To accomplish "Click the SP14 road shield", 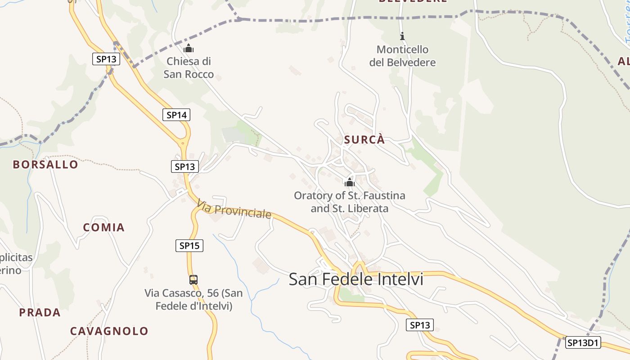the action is [x=176, y=115].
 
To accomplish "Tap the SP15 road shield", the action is [x=189, y=246].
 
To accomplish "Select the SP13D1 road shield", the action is [x=583, y=342].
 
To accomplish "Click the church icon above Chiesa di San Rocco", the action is [x=189, y=48].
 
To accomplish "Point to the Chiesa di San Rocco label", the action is [x=189, y=67].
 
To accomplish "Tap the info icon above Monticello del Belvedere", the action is [x=402, y=36].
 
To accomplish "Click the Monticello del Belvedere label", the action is [x=402, y=56].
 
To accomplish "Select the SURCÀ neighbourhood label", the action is [x=364, y=140].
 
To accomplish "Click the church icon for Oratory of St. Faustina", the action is [x=350, y=182].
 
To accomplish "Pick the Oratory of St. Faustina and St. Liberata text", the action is [x=350, y=202].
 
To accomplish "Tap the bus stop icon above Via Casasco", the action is [x=193, y=279].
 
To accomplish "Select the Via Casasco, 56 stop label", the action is [x=193, y=300].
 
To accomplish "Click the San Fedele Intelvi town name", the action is [x=356, y=279].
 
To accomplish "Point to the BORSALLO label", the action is [x=45, y=165].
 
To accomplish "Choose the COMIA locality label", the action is [x=104, y=227].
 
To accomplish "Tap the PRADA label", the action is [x=40, y=312].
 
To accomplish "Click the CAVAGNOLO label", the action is [x=109, y=331].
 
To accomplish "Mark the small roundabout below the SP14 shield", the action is [x=183, y=144].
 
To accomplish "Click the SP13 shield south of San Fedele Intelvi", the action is [x=419, y=325].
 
